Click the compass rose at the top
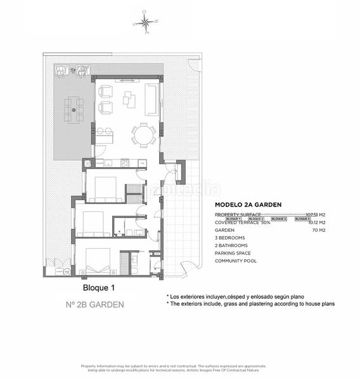145,22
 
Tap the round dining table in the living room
143,134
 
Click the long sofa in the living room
151,99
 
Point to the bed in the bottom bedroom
98,260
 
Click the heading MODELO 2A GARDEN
248,205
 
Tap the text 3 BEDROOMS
231,238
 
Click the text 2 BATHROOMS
231,246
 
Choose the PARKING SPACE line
233,253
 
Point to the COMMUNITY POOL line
236,261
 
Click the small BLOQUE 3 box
279,218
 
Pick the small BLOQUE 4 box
302,218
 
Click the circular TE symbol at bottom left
67,272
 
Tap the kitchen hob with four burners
125,163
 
